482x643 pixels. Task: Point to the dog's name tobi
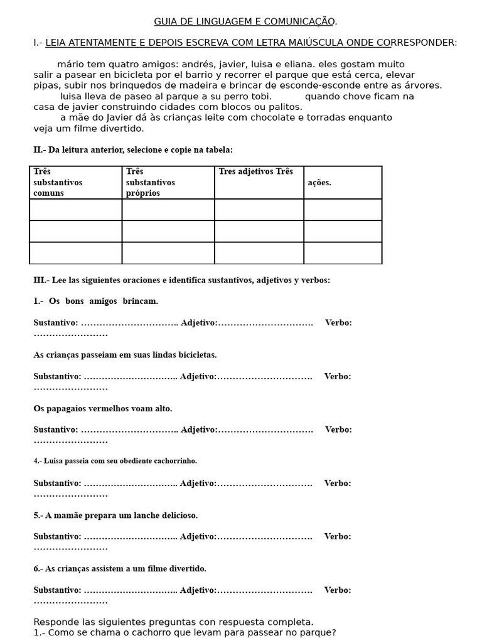(260, 96)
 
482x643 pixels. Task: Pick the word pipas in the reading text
(46, 85)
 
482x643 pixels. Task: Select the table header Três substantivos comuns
(58, 182)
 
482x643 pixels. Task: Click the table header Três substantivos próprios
(151, 182)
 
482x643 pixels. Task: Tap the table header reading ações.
(319, 183)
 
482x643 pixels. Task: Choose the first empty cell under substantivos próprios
(168, 210)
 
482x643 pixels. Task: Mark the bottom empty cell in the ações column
(343, 253)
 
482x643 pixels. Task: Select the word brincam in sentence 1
(141, 301)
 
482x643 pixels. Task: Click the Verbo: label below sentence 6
(338, 590)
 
